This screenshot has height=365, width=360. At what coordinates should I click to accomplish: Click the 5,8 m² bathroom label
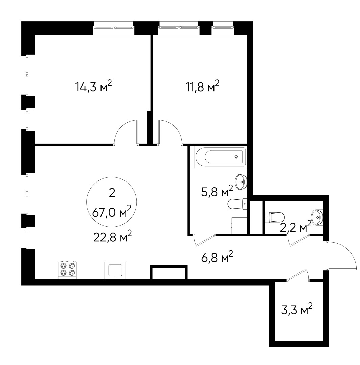[217, 191]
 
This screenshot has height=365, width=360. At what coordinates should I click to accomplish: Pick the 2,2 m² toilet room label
[295, 227]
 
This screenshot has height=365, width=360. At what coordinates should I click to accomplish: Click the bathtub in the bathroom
[220, 157]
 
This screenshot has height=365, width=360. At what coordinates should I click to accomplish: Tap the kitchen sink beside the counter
[115, 270]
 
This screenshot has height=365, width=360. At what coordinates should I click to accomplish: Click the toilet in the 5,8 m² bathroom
[237, 204]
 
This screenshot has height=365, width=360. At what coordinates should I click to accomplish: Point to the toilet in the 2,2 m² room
[275, 217]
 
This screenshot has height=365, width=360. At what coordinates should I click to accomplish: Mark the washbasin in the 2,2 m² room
[317, 217]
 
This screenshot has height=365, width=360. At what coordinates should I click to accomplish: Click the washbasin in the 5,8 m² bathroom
[241, 182]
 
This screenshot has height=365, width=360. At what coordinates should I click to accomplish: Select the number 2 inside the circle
[112, 193]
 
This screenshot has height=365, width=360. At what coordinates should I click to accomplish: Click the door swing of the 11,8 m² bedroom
[174, 129]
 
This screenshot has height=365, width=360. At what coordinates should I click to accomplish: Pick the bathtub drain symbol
[236, 157]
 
